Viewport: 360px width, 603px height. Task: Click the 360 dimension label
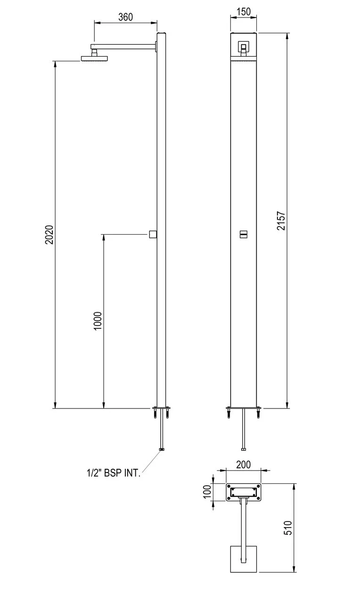tap(125, 17)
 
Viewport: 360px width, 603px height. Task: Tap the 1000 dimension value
tap(98, 321)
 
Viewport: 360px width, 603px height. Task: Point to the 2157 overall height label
tap(281, 220)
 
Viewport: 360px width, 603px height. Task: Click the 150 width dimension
tap(243, 12)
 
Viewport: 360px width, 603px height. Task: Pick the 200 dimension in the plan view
tap(243, 464)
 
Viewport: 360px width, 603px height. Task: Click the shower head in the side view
tap(95, 58)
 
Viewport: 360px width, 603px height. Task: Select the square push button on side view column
tap(152, 234)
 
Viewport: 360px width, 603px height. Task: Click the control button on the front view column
tap(244, 234)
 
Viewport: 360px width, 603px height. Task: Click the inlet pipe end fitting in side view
tap(162, 449)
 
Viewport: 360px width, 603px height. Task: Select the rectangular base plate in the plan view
tap(244, 493)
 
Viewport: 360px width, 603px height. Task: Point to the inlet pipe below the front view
tap(244, 429)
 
